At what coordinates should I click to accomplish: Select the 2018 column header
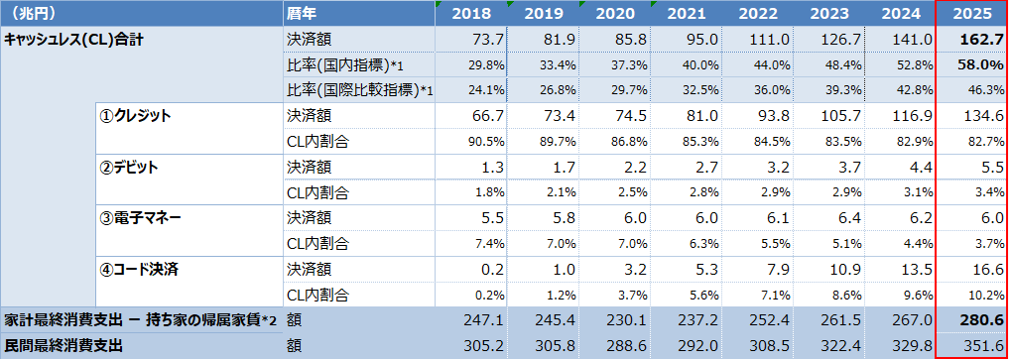click(471, 14)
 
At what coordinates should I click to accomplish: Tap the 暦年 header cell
click(303, 14)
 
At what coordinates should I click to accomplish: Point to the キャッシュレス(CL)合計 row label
click(73, 40)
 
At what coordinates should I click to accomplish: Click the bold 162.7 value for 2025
click(980, 40)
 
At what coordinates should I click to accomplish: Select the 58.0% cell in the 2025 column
click(980, 64)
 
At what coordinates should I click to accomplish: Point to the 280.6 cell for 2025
click(980, 319)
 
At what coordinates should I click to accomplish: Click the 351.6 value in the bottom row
click(982, 345)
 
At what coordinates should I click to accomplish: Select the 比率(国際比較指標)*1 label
click(360, 90)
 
